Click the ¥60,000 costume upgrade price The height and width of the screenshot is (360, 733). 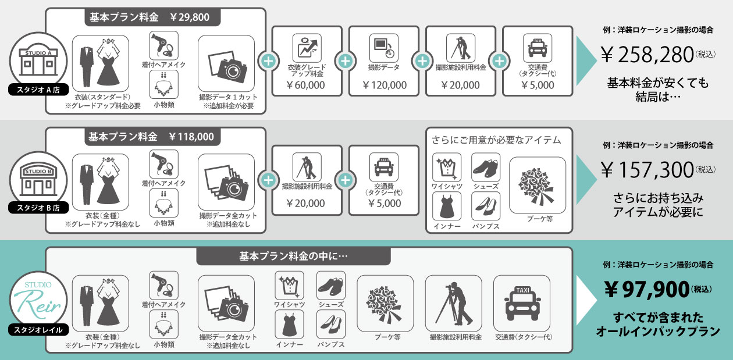(306, 85)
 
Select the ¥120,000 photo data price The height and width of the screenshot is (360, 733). (384, 85)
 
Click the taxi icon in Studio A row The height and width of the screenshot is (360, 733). (538, 48)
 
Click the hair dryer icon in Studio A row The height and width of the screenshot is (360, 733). (163, 45)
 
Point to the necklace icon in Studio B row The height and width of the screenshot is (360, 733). (163, 203)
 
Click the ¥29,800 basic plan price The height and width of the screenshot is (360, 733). (190, 17)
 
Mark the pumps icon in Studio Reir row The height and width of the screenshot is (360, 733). (331, 324)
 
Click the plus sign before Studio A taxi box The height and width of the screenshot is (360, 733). (499, 60)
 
